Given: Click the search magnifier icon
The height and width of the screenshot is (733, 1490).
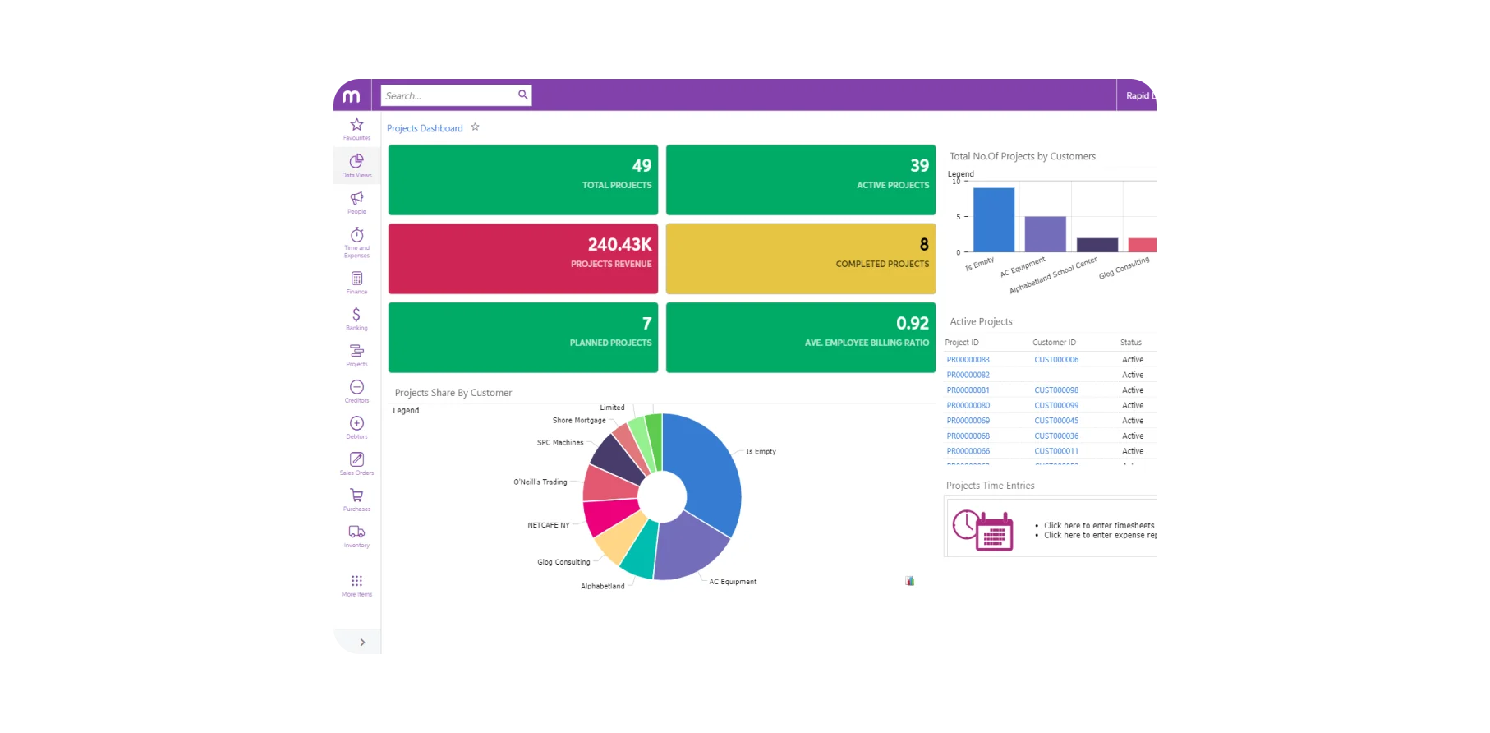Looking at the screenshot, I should pyautogui.click(x=522, y=95).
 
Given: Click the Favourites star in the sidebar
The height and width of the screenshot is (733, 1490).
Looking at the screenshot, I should pyautogui.click(x=356, y=125).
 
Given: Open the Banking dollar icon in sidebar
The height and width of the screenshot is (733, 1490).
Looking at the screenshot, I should pyautogui.click(x=356, y=315).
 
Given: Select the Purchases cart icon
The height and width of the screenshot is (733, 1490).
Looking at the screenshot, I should pyautogui.click(x=356, y=496).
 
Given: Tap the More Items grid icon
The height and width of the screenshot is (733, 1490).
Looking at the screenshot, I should pyautogui.click(x=356, y=581).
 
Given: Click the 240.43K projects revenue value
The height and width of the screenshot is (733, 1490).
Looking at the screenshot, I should pyautogui.click(x=619, y=245).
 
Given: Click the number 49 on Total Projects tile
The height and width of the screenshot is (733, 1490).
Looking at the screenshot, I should pyautogui.click(x=642, y=166).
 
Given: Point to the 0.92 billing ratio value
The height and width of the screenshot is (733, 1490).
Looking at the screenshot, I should pyautogui.click(x=912, y=324).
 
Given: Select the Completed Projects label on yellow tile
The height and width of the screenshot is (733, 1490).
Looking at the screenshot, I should pyautogui.click(x=882, y=265).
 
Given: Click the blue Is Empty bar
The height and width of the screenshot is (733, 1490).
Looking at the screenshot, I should pyautogui.click(x=993, y=220).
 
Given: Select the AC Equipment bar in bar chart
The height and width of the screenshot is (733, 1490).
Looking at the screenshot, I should pyautogui.click(x=1045, y=234).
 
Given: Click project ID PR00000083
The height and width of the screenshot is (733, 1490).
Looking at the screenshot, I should pyautogui.click(x=968, y=360).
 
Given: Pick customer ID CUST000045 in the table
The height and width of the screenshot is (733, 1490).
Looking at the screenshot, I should pyautogui.click(x=1056, y=421).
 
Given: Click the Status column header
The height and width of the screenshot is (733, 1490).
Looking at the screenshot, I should pyautogui.click(x=1130, y=343).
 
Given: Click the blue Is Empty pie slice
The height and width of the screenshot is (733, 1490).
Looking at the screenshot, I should pyautogui.click(x=706, y=468).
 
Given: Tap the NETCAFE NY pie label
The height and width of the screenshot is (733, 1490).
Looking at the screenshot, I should pyautogui.click(x=548, y=525).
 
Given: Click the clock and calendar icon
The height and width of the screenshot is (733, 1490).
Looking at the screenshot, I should pyautogui.click(x=982, y=530).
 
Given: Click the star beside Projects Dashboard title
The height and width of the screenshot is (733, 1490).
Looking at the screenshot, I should pyautogui.click(x=475, y=127).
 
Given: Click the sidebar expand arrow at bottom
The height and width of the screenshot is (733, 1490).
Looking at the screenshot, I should pyautogui.click(x=362, y=643).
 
